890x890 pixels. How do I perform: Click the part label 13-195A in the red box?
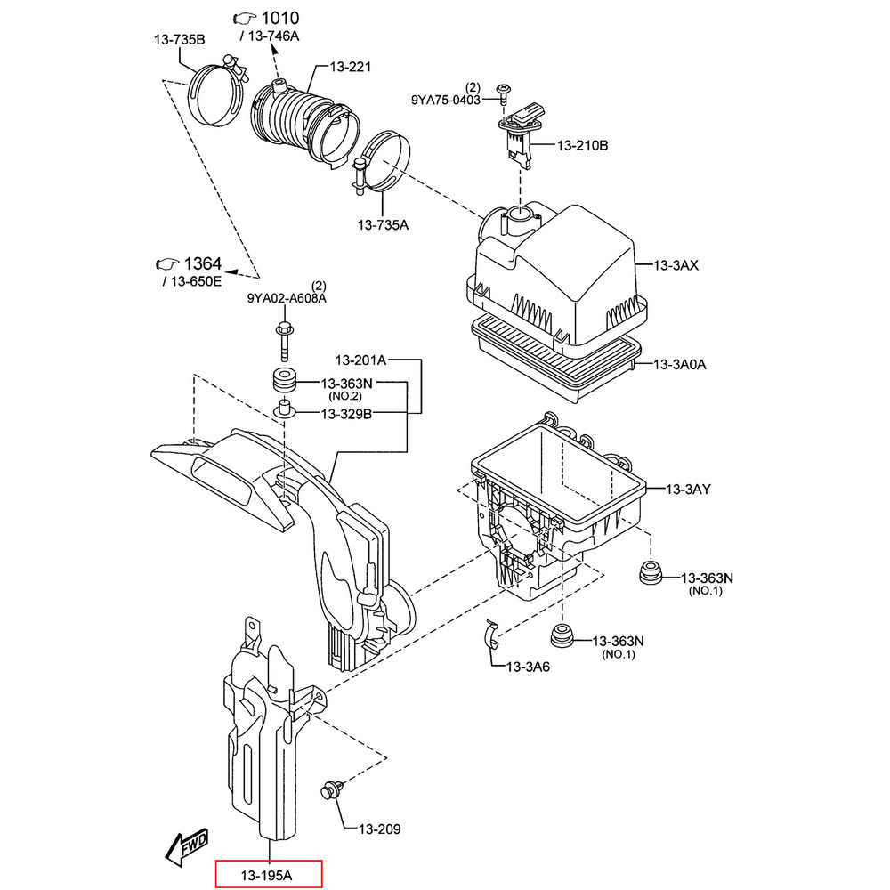click(268, 875)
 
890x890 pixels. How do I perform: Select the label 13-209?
click(379, 829)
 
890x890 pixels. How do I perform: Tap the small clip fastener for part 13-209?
click(332, 789)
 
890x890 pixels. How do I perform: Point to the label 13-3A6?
click(528, 667)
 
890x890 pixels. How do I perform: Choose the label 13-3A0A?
click(686, 364)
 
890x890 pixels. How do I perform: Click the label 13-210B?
click(583, 145)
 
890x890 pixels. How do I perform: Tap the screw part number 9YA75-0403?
click(445, 101)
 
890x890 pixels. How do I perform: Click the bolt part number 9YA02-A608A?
click(287, 299)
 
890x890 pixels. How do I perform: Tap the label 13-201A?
click(360, 360)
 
